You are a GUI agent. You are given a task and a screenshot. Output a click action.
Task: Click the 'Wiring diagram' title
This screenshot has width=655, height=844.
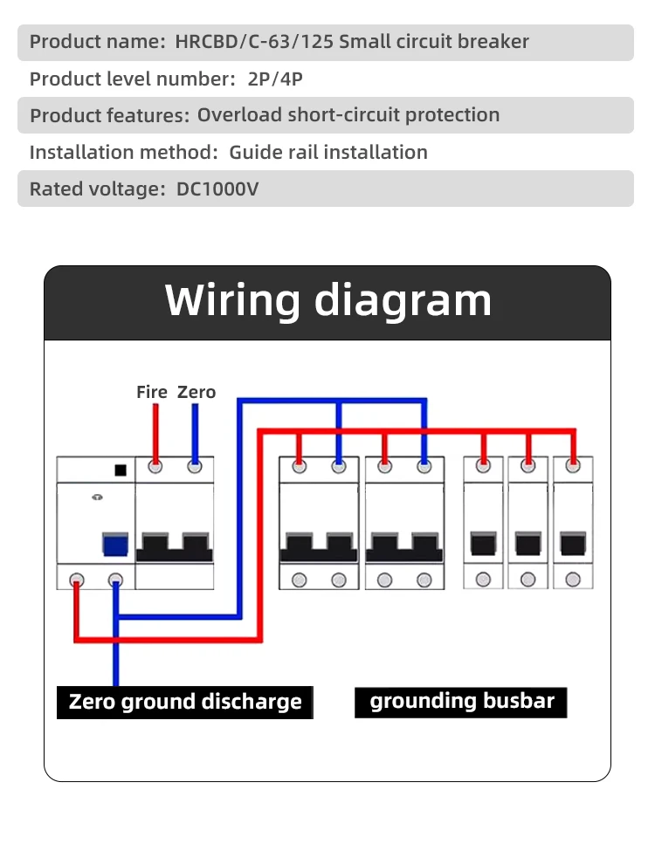pos(328,300)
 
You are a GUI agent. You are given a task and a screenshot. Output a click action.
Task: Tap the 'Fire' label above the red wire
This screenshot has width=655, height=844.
pos(152,392)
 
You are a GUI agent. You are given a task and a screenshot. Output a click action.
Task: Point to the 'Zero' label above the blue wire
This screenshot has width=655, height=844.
pos(196,392)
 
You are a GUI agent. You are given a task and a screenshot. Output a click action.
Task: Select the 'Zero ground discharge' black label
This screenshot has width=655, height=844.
pos(185,702)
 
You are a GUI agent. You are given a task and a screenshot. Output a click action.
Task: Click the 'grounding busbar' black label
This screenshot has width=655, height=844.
pos(461,702)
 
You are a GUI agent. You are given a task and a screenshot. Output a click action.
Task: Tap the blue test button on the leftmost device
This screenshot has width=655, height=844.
pos(115,544)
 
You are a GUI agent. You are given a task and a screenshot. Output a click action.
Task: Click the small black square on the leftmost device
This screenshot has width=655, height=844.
pos(121,470)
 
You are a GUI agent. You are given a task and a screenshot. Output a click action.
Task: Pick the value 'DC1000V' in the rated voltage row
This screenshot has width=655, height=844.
pos(217,189)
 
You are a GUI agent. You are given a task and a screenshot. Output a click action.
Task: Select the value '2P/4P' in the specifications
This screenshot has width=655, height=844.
pos(275,79)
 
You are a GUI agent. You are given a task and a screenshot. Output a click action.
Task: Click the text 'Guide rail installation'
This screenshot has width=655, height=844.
pos(328,153)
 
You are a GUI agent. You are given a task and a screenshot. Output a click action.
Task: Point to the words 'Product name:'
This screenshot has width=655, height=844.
pos(98,41)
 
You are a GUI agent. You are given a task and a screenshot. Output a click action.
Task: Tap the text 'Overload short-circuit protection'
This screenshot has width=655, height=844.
pos(348,115)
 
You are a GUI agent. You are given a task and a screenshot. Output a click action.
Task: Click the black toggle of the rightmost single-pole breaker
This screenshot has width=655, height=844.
pos(573,544)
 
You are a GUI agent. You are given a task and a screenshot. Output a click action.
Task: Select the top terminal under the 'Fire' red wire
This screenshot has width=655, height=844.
pos(155,467)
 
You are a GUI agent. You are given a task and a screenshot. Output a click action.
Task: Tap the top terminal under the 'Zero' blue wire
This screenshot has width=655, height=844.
pos(195,467)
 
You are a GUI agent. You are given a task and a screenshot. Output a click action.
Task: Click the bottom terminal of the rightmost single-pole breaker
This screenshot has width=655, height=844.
pos(573,580)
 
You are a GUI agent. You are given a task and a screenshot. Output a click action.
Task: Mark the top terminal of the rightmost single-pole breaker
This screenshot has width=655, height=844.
pos(573,466)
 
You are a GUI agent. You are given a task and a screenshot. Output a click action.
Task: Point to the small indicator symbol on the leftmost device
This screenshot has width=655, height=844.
pos(98,497)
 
